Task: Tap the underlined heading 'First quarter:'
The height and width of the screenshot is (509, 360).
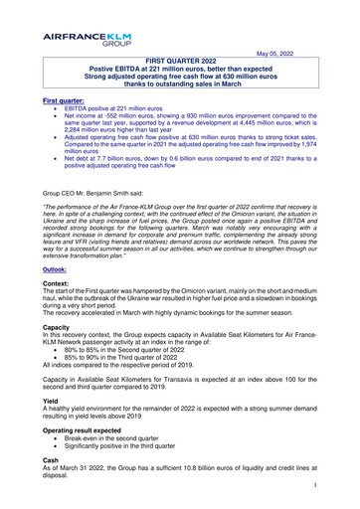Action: [66, 101]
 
